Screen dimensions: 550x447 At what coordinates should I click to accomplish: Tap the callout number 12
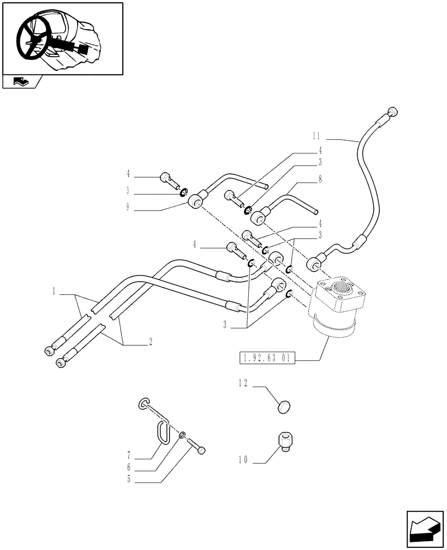click(243, 383)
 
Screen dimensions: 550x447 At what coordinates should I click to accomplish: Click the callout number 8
click(320, 179)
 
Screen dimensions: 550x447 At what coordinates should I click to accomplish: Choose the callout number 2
click(150, 342)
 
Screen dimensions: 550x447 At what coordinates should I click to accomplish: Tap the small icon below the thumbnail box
click(22, 82)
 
